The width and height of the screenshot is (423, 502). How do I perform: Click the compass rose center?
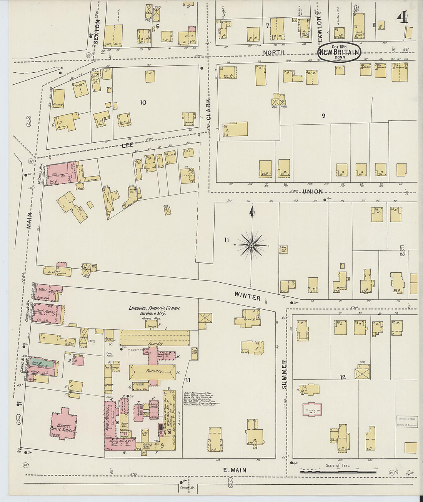[251, 245]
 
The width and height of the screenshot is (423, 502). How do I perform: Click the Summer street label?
[285, 374]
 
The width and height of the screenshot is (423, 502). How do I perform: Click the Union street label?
[312, 191]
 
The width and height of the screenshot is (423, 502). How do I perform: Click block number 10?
[143, 102]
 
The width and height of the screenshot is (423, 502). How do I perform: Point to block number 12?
[343, 377]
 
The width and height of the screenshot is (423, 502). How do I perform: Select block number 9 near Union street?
[323, 115]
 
